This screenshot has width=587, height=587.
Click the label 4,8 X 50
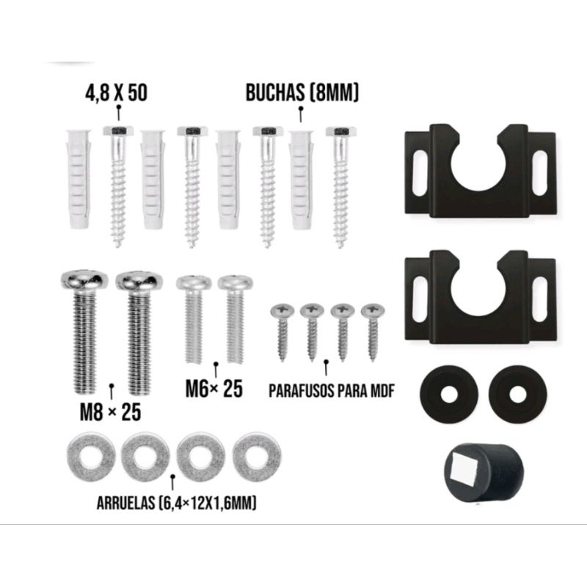click(x=116, y=93)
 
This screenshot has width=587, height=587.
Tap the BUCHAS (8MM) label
click(x=302, y=92)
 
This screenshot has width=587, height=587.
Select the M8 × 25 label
click(x=111, y=412)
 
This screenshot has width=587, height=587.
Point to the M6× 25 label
click(x=214, y=389)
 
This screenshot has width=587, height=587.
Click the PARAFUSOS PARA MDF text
click(x=332, y=391)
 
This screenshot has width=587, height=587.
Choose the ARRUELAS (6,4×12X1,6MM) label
click(x=177, y=503)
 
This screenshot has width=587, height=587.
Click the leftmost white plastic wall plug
click(x=79, y=179)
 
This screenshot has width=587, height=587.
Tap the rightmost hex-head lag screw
click(x=340, y=187)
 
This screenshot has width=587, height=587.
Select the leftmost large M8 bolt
click(x=84, y=332)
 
